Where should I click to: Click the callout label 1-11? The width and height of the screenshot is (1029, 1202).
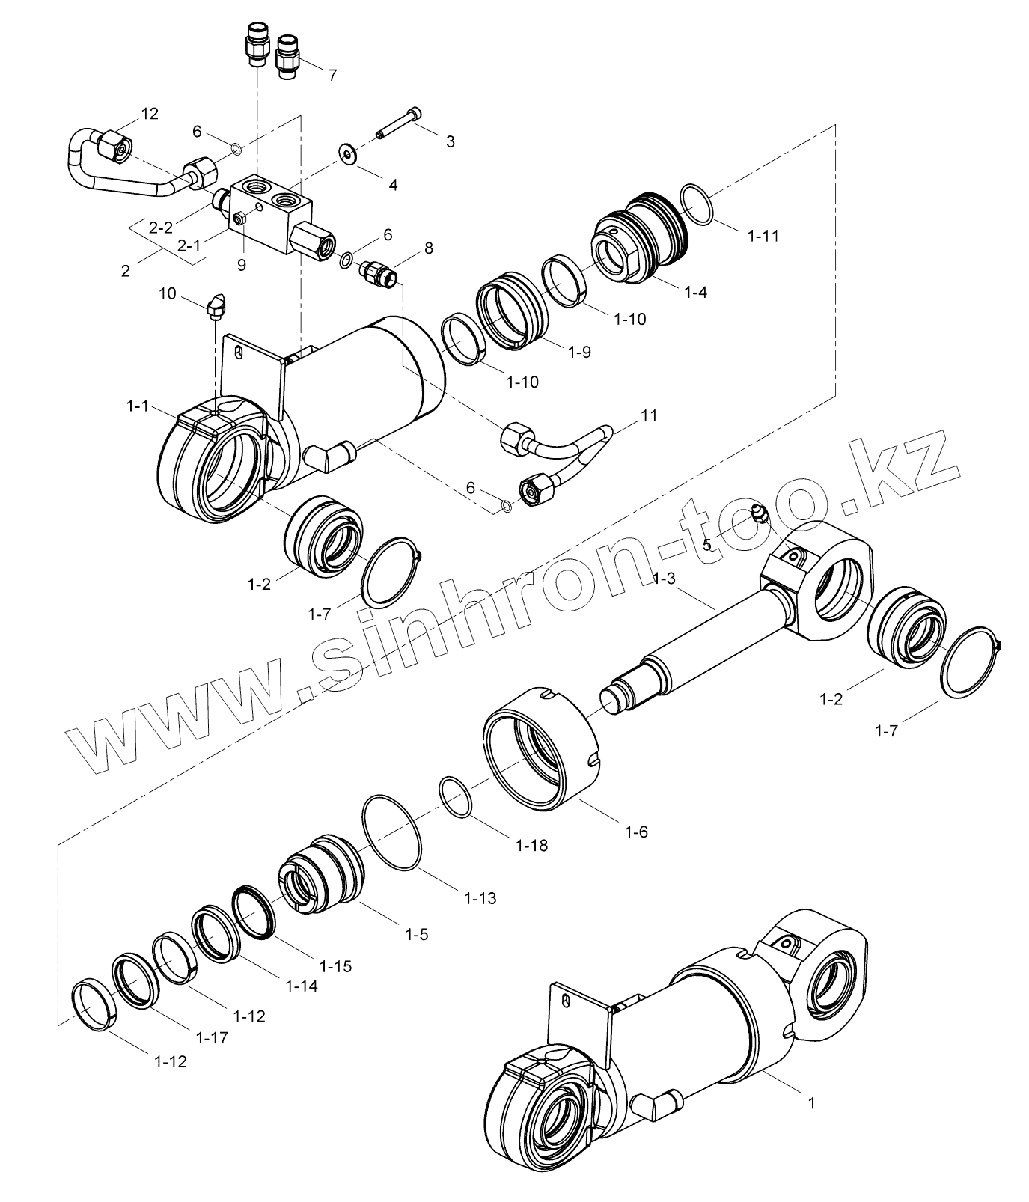click(763, 236)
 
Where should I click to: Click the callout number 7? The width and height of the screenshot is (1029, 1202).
click(332, 75)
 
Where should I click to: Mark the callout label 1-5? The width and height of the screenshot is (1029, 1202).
click(416, 934)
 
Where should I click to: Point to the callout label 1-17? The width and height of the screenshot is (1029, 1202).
click(212, 1037)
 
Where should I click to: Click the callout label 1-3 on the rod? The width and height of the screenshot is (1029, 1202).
click(665, 579)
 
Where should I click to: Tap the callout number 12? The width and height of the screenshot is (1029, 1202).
click(149, 114)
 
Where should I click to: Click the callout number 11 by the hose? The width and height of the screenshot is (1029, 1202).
click(649, 415)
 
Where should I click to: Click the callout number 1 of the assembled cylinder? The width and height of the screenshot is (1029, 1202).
click(811, 1102)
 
